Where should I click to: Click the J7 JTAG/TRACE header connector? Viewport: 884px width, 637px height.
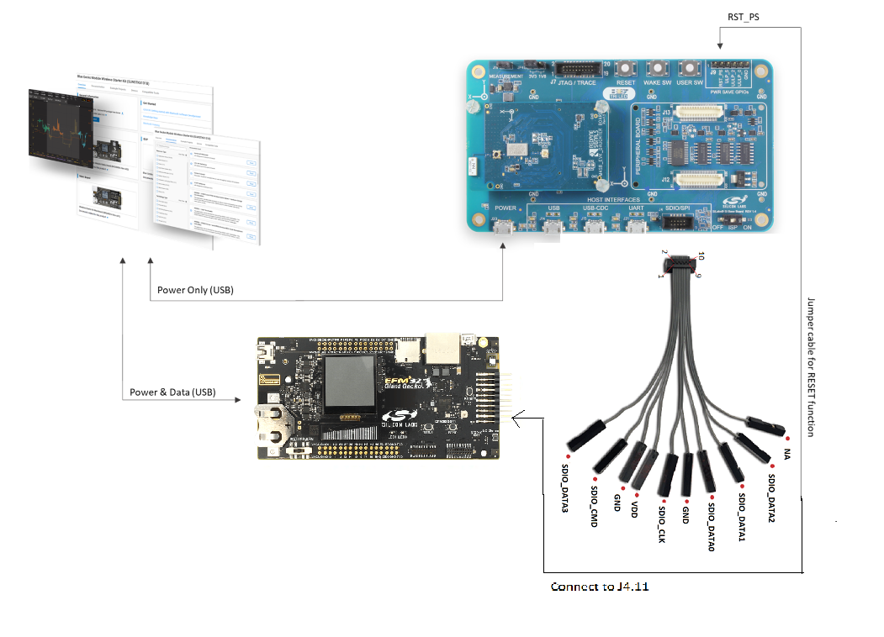pyautogui.click(x=577, y=69)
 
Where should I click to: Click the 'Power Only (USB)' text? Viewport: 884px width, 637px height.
pyautogui.click(x=195, y=290)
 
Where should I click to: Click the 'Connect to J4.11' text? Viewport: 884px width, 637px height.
pyautogui.click(x=599, y=587)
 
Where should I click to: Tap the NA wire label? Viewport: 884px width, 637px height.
pyautogui.click(x=787, y=453)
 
